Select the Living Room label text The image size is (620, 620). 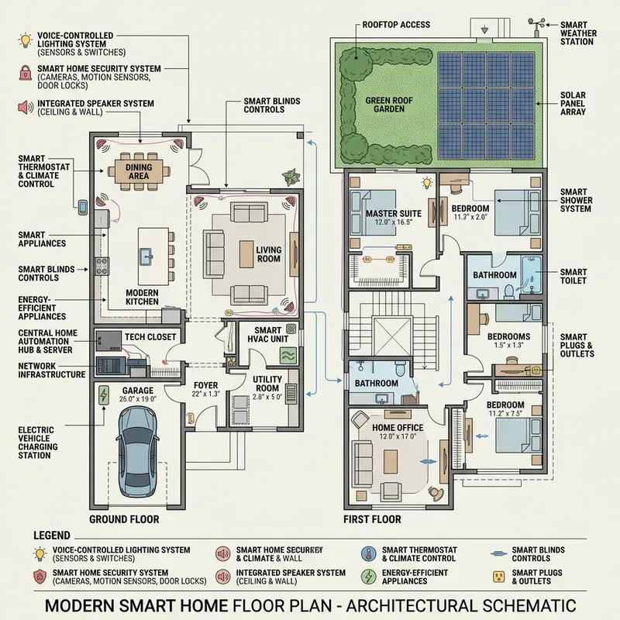click(x=270, y=253)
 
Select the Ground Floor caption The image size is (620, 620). click(x=124, y=518)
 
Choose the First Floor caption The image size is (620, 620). click(x=372, y=518)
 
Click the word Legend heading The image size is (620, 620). click(x=52, y=536)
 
